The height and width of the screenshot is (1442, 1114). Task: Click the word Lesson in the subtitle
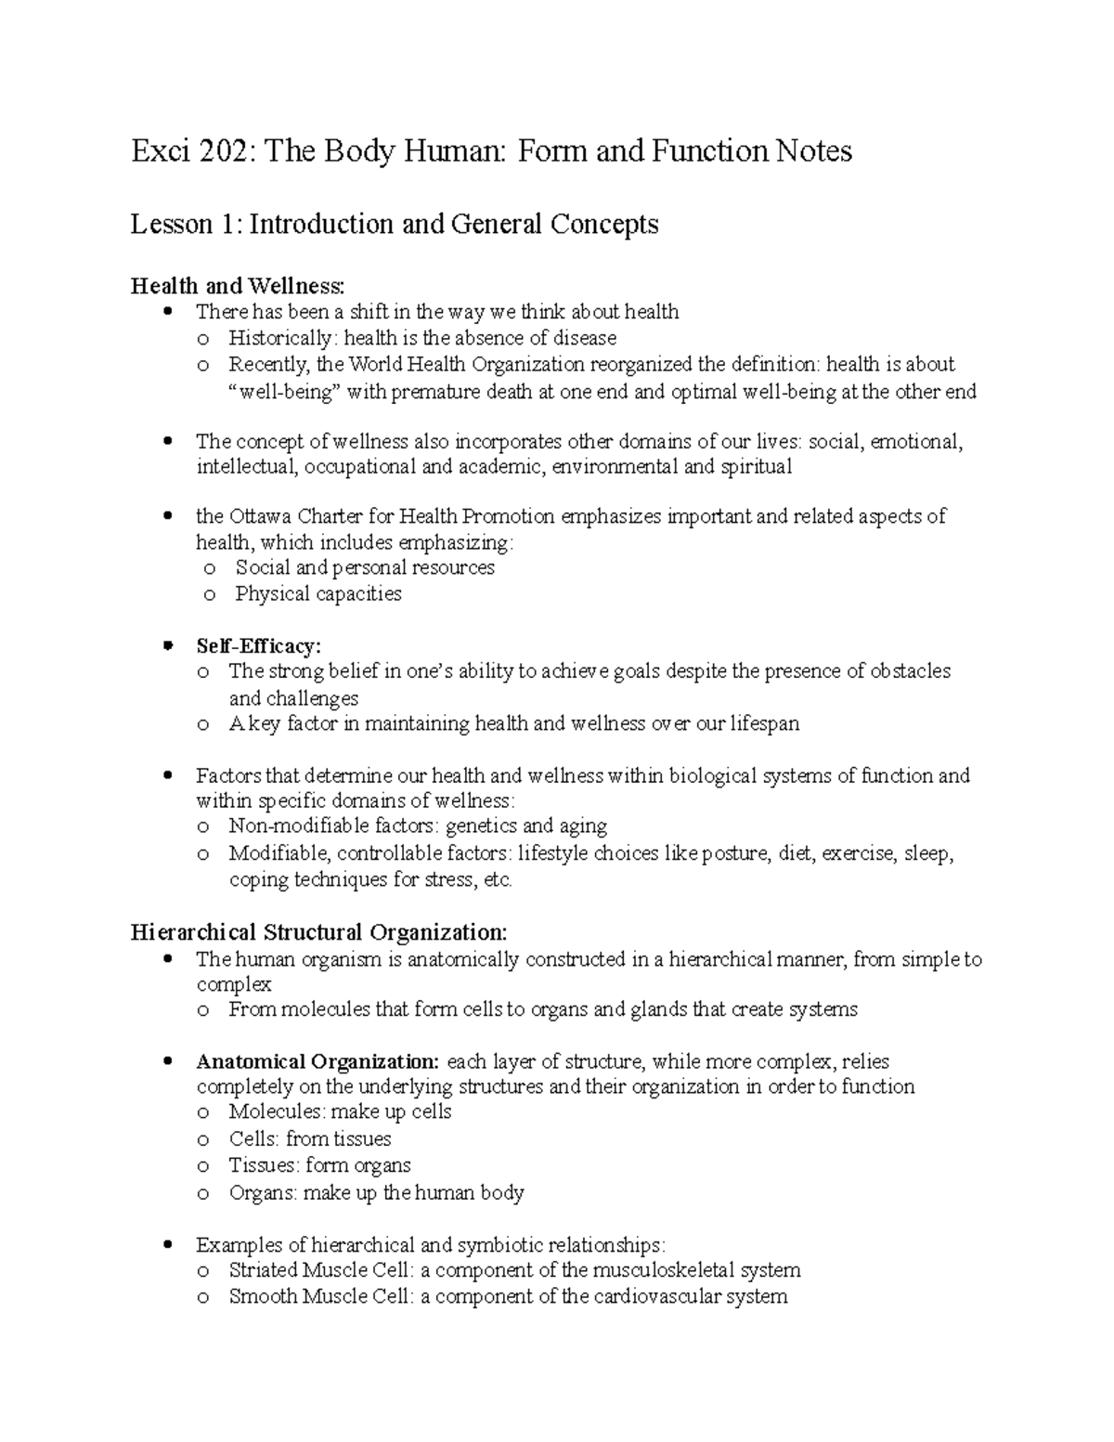pyautogui.click(x=163, y=224)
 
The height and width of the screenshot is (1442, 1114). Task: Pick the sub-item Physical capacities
pyautogui.click(x=317, y=593)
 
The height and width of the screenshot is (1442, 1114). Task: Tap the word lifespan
pyautogui.click(x=764, y=723)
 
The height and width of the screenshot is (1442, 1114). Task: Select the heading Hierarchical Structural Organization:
pyautogui.click(x=319, y=931)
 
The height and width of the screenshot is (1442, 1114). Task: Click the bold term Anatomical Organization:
pyautogui.click(x=317, y=1061)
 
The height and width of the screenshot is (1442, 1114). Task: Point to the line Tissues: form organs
pyautogui.click(x=319, y=1165)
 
